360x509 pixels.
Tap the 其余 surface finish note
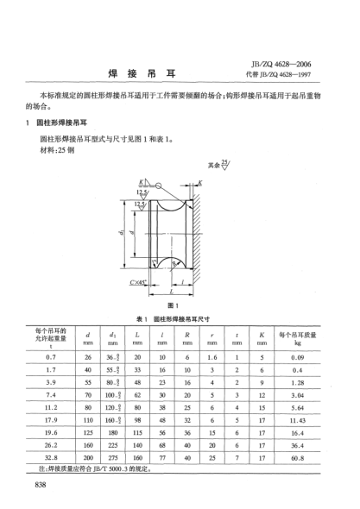[216, 164]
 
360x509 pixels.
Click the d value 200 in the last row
[88, 458]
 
